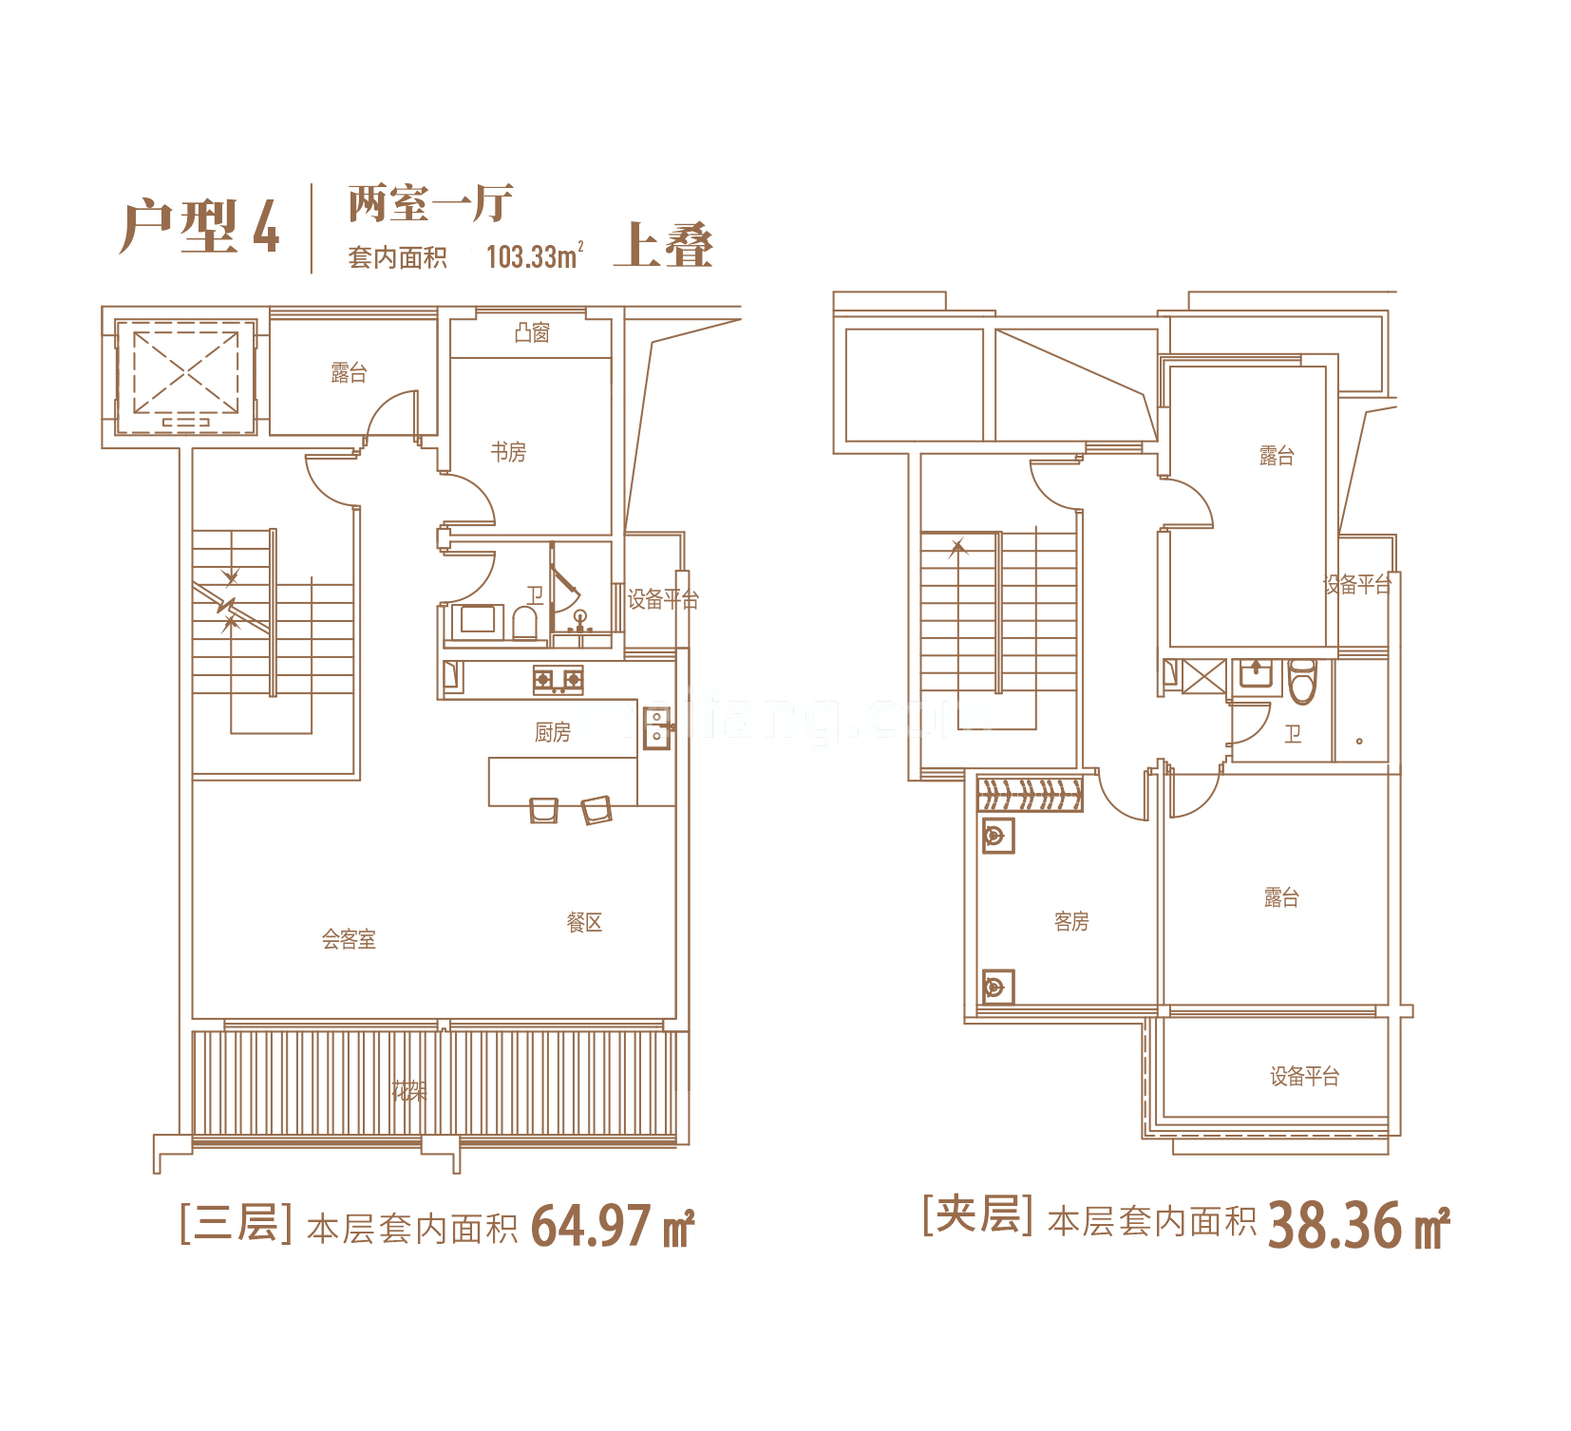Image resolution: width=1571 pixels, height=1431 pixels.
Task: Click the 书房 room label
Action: (x=508, y=452)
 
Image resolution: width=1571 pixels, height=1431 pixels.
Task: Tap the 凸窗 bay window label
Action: (x=532, y=332)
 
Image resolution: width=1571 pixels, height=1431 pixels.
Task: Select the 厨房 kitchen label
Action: (x=552, y=732)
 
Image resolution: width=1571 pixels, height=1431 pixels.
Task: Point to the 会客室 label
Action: (x=349, y=939)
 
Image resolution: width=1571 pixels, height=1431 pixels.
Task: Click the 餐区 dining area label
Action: (x=584, y=922)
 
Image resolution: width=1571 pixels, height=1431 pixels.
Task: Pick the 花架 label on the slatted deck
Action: (x=409, y=1091)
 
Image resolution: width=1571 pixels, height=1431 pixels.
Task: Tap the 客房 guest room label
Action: (x=1071, y=921)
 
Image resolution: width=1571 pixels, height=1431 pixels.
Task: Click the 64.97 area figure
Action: (x=591, y=1226)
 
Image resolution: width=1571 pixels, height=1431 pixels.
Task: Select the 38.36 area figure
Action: (x=1334, y=1225)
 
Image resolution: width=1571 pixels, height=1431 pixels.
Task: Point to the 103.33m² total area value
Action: (x=534, y=256)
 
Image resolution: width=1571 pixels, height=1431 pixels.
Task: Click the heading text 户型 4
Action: (x=199, y=228)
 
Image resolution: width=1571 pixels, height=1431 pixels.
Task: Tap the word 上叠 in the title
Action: (x=663, y=247)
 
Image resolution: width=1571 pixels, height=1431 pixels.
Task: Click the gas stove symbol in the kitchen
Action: (x=558, y=680)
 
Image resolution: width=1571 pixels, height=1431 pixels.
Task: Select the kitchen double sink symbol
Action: (x=656, y=728)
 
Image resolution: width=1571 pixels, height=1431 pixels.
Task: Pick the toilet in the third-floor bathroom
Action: (x=524, y=623)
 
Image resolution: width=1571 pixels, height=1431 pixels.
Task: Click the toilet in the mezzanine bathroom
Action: (x=1302, y=681)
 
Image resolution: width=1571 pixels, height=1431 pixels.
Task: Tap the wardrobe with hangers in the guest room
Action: (x=1030, y=794)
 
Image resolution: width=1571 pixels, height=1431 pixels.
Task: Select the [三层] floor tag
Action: (x=236, y=1223)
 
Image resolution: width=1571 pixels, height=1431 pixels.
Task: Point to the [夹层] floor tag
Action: (x=977, y=1215)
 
